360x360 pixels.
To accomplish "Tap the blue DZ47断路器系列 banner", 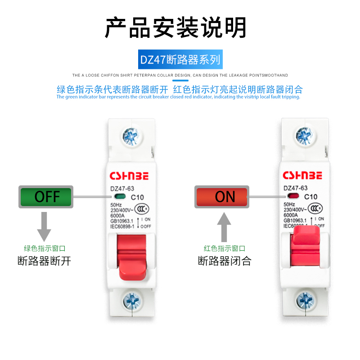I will click(180, 59).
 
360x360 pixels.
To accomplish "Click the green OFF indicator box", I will click(46, 197).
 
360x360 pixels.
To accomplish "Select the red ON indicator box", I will click(222, 197).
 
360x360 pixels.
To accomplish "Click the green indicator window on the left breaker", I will click(119, 197).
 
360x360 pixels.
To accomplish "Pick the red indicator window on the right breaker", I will click(293, 197).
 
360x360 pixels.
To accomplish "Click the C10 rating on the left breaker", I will click(137, 197).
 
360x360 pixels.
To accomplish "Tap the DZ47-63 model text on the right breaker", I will click(295, 188).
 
